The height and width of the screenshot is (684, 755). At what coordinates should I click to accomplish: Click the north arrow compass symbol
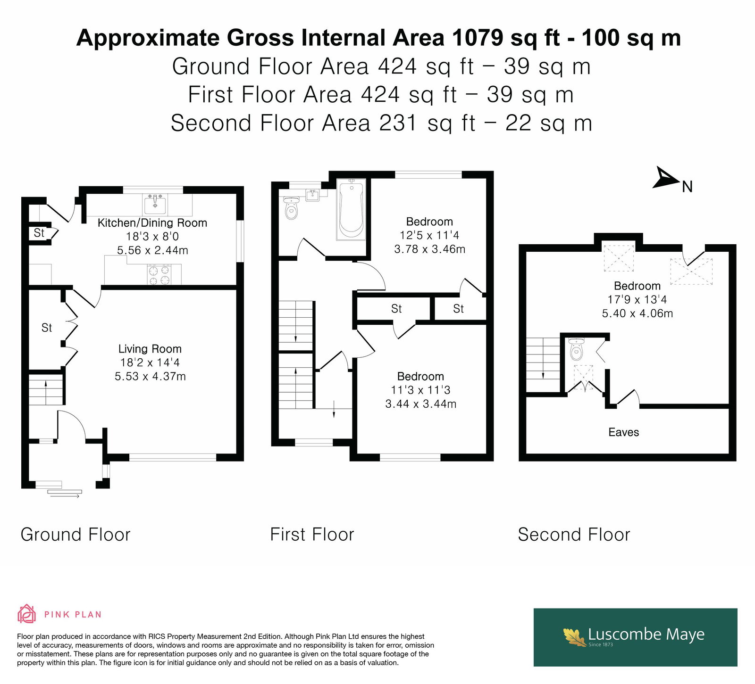pos(665,178)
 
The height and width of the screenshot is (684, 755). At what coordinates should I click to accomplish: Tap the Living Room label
pos(150,349)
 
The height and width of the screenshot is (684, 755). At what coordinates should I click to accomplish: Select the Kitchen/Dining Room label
pos(152,223)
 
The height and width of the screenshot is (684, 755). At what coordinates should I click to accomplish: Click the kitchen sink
pos(155,204)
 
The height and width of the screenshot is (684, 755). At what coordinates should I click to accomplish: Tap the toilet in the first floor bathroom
pos(292,208)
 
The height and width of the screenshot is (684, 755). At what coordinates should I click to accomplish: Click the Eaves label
pos(623,432)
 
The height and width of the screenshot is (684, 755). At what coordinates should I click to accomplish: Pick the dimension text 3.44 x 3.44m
pos(420,404)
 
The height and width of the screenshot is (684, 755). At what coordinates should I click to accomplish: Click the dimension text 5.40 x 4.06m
pos(637,313)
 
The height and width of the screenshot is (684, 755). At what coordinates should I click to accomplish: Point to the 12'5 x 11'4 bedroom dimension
pos(429,235)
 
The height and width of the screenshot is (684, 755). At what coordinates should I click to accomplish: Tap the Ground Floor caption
pos(75,535)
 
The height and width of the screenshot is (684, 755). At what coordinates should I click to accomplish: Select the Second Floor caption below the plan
pos(574,535)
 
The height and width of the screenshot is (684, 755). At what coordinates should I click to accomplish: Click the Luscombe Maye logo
pos(635,637)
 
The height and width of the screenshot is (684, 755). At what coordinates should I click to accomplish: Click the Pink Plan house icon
pos(26,614)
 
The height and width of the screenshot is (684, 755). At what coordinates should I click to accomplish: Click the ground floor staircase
pos(46,390)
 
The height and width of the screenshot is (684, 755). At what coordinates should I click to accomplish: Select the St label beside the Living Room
pos(46,328)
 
